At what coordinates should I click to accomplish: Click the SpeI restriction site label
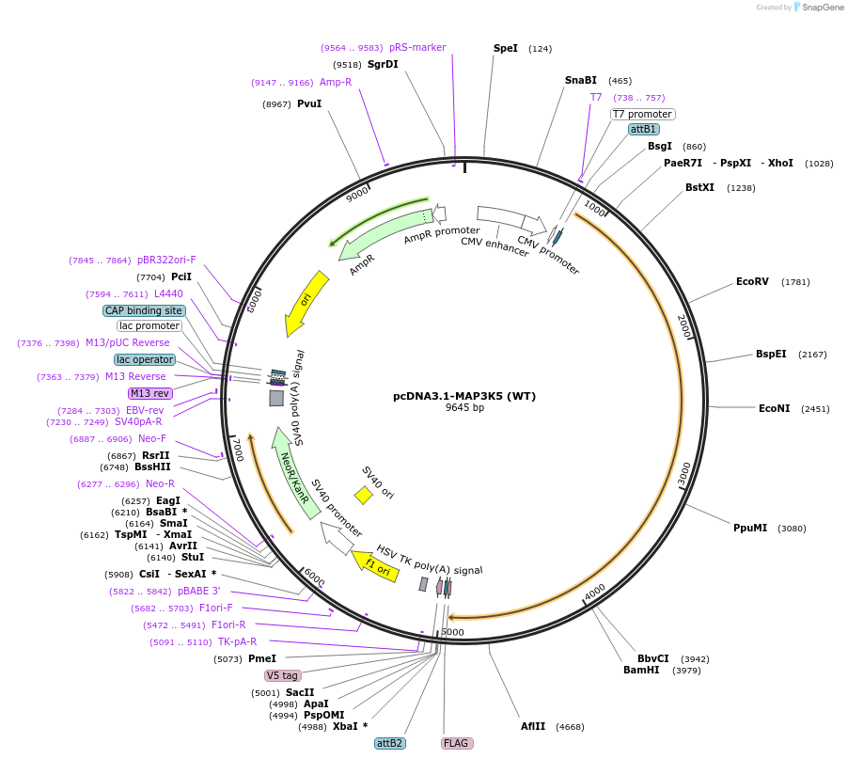pos(505,48)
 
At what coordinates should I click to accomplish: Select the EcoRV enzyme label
pos(753,281)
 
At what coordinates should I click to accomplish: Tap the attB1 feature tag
pos(644,129)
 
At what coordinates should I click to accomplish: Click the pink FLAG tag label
pos(456,743)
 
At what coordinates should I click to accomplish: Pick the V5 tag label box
pos(282,675)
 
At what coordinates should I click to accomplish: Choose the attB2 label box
pos(389,743)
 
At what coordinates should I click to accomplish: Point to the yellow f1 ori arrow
pos(374,567)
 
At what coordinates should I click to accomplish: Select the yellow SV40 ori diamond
pos(363,495)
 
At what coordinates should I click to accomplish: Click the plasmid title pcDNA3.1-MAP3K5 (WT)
pos(464,396)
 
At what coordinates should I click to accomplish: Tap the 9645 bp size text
pos(464,408)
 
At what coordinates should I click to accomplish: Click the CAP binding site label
pos(144,310)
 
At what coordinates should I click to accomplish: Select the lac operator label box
pos(145,359)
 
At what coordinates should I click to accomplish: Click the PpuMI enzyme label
pos(750,528)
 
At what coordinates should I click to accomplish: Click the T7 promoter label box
pos(642,114)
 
